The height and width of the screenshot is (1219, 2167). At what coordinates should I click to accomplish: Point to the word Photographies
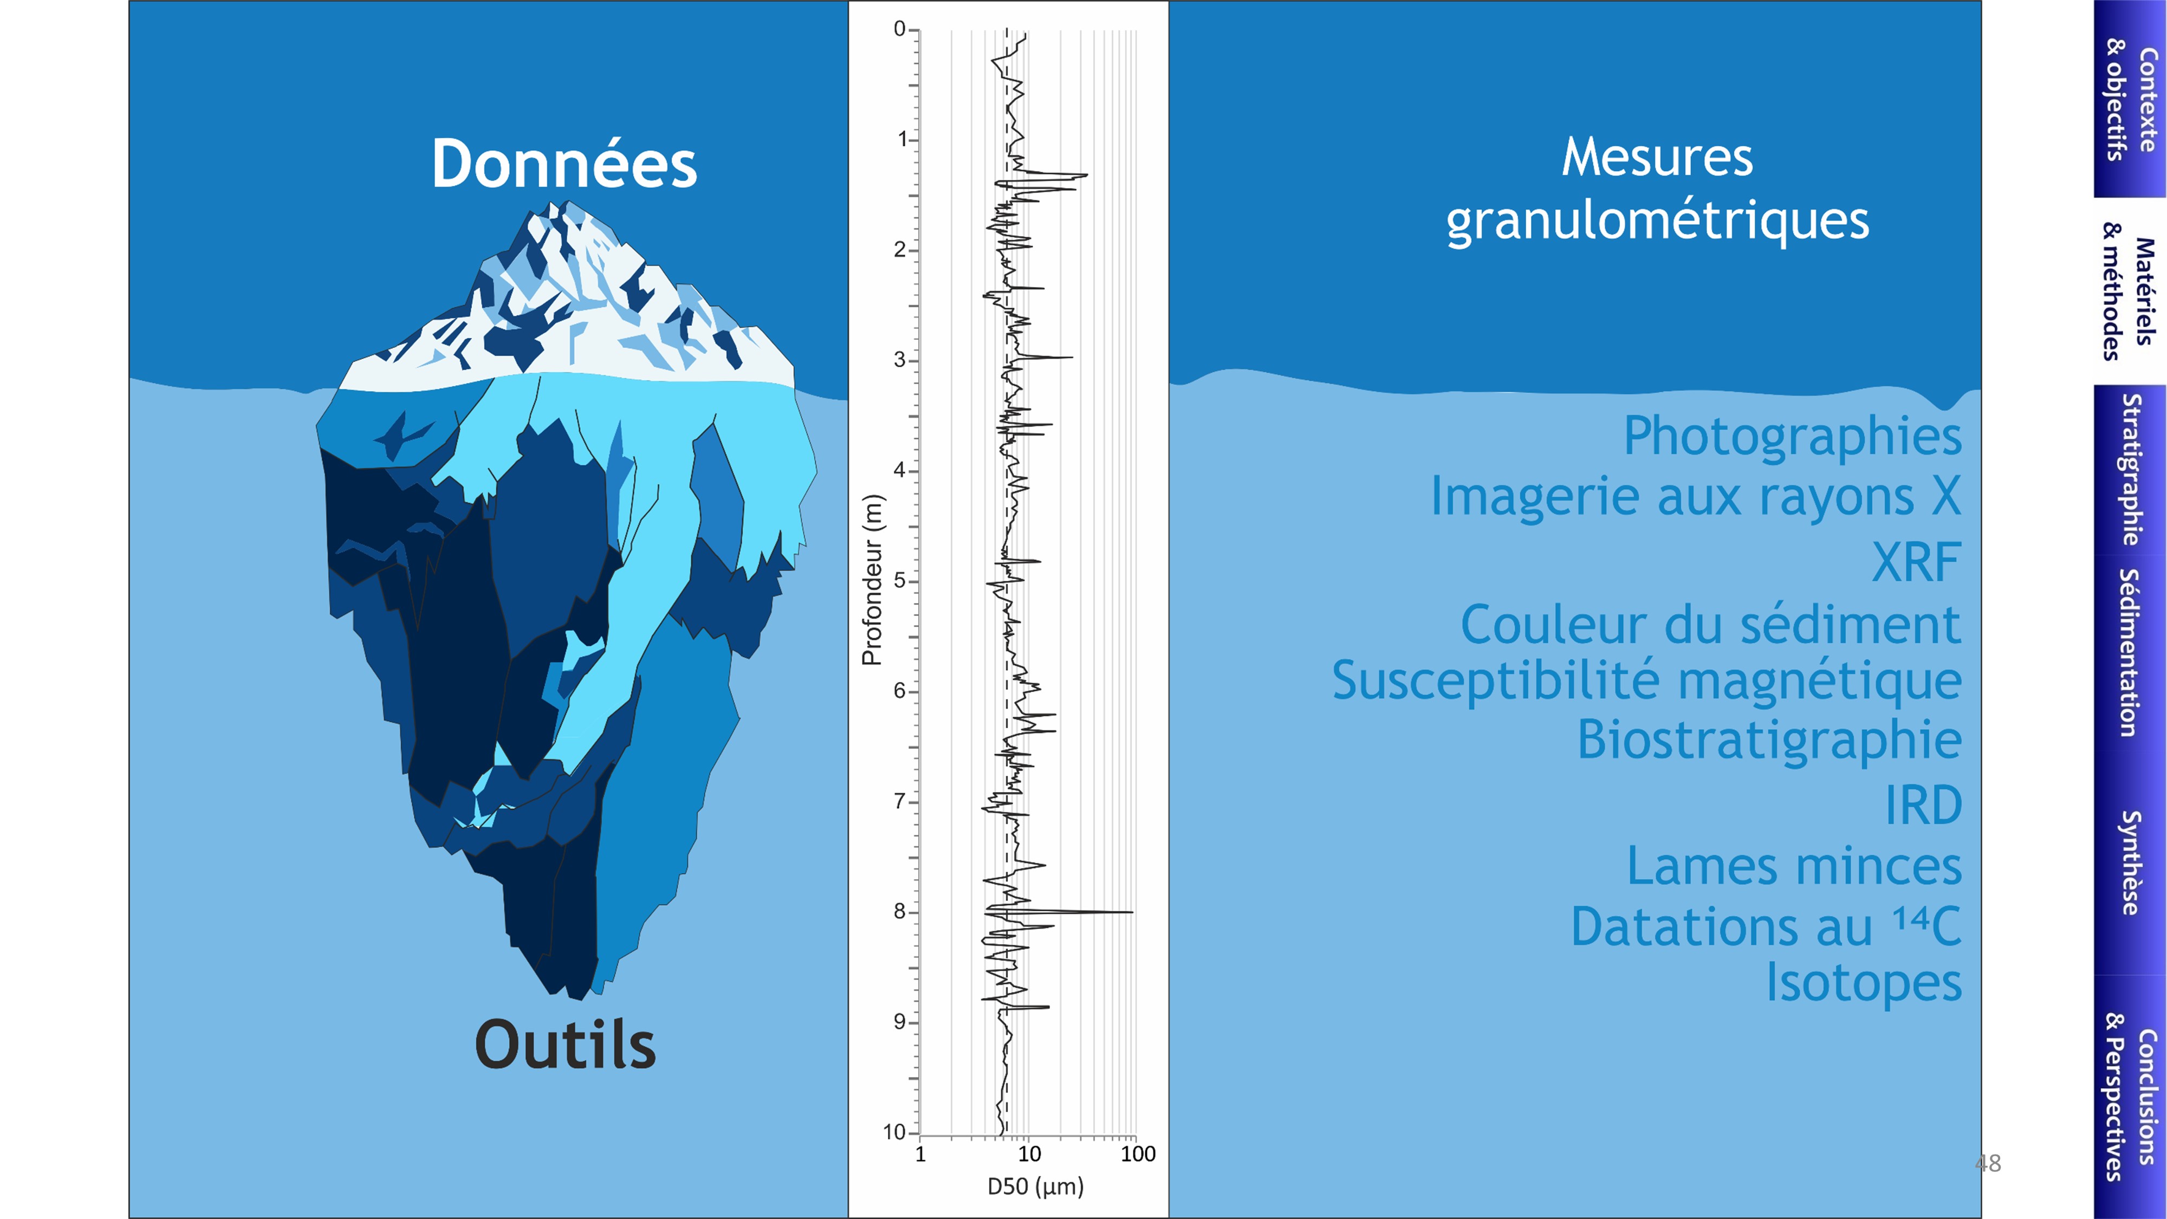point(1793,437)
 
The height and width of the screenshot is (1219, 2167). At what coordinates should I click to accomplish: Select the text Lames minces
point(1794,866)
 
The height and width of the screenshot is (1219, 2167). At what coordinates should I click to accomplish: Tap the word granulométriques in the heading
point(1657,221)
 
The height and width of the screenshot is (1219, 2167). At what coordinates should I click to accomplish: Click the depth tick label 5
point(899,580)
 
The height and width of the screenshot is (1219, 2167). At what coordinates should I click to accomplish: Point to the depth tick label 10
point(894,1132)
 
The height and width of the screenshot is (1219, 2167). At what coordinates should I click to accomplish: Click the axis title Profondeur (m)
point(872,580)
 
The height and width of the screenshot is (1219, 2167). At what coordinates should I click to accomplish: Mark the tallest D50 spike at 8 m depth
point(1132,912)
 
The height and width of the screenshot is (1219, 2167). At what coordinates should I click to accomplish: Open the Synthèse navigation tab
point(2129,863)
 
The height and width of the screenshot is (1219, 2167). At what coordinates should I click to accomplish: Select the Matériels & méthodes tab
point(2129,291)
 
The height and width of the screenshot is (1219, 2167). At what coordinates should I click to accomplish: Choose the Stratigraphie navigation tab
point(2129,469)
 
